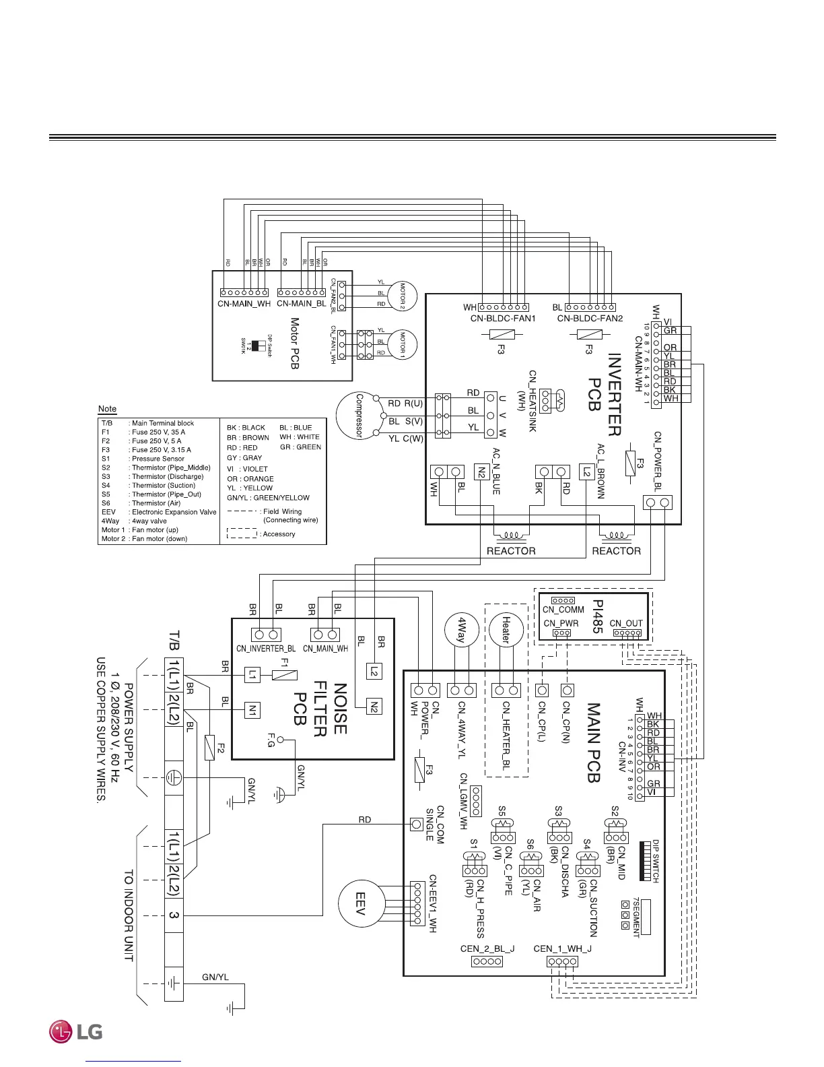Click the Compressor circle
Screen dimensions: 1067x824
(x=359, y=416)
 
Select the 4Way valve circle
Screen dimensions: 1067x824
(x=462, y=631)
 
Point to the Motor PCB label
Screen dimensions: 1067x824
(x=294, y=344)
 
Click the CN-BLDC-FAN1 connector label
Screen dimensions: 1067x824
(x=503, y=319)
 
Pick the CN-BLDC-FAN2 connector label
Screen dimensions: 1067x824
(x=590, y=319)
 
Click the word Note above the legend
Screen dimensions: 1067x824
(x=107, y=409)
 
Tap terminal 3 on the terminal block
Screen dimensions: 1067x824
(x=174, y=915)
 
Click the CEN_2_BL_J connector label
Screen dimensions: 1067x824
(x=487, y=948)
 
